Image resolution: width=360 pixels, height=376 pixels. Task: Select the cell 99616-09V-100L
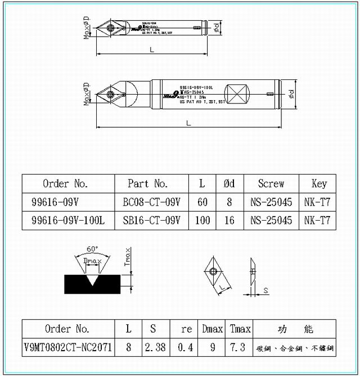68,221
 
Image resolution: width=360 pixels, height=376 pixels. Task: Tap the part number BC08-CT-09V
151,202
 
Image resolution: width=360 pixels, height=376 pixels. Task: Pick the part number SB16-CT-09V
151,221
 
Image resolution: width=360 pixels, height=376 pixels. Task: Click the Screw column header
271,183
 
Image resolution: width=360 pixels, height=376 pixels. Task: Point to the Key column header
319,183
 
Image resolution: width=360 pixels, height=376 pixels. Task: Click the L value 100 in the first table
202,221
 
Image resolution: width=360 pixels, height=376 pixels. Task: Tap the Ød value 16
229,221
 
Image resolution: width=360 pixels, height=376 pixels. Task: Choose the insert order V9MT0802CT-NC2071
67,347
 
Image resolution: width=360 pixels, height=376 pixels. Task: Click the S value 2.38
155,347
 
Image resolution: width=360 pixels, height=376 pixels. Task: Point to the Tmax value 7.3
238,347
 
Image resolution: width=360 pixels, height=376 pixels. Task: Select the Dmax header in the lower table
212,329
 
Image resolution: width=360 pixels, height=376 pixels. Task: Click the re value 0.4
184,347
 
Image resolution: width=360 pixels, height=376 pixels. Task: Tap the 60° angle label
92,249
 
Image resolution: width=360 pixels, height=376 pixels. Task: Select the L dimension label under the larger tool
189,122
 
